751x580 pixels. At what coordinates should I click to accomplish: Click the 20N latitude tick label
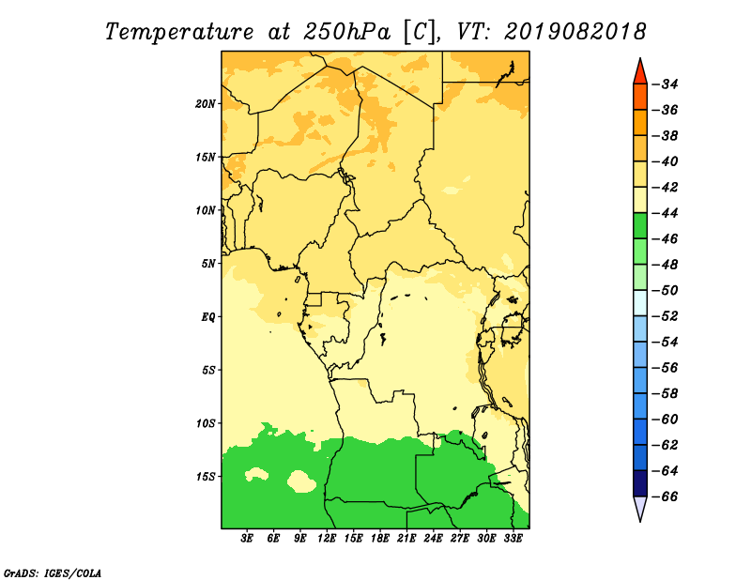click(x=205, y=103)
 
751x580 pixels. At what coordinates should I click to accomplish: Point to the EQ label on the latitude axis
click(x=207, y=317)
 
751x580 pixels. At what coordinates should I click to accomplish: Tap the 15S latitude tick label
click(x=205, y=477)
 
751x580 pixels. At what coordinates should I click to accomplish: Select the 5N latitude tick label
click(x=208, y=264)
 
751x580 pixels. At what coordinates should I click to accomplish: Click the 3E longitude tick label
click(x=247, y=539)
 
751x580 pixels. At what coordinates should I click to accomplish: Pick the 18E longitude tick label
click(x=380, y=539)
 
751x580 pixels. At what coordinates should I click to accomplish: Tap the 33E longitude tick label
click(x=513, y=539)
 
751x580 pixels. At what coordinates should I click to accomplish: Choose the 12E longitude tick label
click(x=327, y=539)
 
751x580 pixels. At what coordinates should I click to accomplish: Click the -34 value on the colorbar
click(x=666, y=84)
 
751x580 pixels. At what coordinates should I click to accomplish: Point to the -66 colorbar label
click(x=666, y=496)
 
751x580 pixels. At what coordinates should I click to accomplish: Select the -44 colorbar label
click(x=666, y=213)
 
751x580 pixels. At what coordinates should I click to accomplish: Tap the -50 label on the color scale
click(x=666, y=291)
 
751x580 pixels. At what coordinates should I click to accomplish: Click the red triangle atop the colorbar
click(x=640, y=73)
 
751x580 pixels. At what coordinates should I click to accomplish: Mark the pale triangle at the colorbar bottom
click(x=640, y=507)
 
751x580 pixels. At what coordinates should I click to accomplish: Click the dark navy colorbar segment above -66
click(x=640, y=483)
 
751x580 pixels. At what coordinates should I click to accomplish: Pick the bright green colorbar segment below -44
click(x=640, y=226)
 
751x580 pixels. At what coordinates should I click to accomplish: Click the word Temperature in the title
click(x=179, y=32)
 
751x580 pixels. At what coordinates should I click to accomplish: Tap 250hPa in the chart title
click(x=341, y=32)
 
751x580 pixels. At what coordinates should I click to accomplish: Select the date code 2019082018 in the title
click(x=575, y=32)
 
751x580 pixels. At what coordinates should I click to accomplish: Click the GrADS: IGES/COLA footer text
click(x=53, y=572)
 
